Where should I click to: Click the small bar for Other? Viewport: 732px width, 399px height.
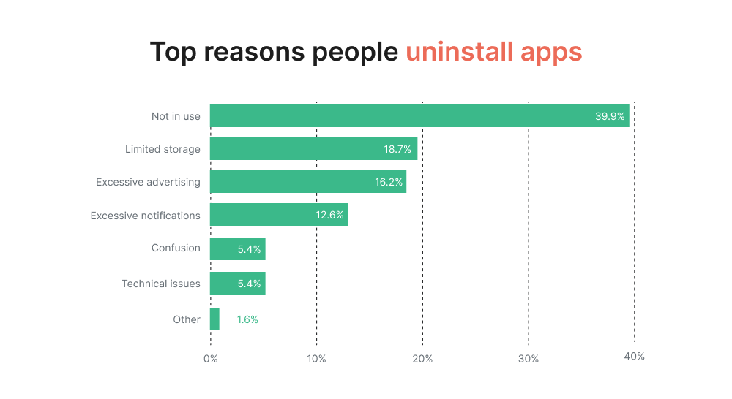tap(214, 319)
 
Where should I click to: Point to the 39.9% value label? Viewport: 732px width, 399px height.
tap(610, 116)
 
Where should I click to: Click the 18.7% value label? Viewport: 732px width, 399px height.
tap(397, 149)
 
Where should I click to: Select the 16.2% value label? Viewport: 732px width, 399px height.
tap(389, 182)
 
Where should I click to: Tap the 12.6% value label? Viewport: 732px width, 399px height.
tap(329, 215)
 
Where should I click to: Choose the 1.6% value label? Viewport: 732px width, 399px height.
tap(247, 319)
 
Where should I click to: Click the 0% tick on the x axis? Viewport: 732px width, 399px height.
tap(210, 359)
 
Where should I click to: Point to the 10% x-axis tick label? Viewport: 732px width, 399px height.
tap(316, 359)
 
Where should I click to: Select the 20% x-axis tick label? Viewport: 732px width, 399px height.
tap(422, 359)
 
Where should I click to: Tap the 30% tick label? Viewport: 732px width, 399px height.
tap(529, 359)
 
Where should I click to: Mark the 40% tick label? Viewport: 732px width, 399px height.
tap(634, 357)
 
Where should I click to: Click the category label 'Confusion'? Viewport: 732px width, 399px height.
tap(176, 248)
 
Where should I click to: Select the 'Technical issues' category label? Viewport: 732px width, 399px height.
tap(161, 284)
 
